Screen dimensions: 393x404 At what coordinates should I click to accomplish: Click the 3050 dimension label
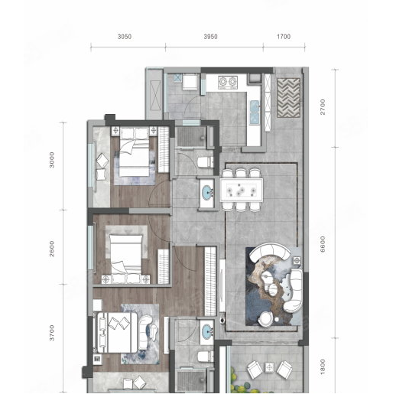coord(125,37)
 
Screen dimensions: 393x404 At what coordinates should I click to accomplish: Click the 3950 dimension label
coord(210,37)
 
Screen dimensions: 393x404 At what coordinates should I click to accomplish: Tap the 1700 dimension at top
coord(284,37)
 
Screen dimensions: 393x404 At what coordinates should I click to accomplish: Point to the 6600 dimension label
coord(323,244)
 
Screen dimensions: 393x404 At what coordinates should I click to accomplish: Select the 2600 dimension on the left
coord(52,249)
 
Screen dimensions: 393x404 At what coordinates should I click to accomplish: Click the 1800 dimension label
coord(323,367)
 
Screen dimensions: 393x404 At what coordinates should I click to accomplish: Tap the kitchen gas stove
coord(228,82)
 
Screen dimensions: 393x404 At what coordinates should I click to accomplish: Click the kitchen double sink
coord(255,112)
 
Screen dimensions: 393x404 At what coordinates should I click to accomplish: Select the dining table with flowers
coord(242,191)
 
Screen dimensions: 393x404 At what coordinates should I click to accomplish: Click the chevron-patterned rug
coord(289,98)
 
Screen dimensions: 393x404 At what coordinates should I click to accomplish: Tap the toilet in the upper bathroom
coord(205,162)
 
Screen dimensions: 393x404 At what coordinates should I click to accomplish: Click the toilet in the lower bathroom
coord(205,357)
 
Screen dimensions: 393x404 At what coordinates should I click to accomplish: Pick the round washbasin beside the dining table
coord(207,194)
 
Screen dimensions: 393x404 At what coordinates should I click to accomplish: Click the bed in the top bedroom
coord(134,151)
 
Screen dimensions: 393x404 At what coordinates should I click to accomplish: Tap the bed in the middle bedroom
coord(126,255)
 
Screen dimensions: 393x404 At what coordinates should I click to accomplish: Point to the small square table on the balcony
coord(269,367)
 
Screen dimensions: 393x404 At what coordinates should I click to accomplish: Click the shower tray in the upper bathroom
coord(192,137)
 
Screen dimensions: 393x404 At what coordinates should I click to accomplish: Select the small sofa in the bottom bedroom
coord(146,332)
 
